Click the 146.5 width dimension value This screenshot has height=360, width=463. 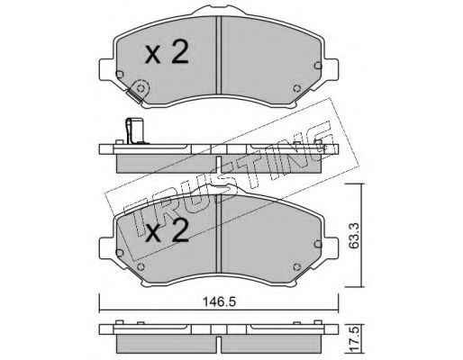pos(220,301)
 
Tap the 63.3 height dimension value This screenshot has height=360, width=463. pos(354,235)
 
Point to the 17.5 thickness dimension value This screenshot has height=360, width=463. pos(355,339)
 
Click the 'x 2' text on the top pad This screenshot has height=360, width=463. pos(167,52)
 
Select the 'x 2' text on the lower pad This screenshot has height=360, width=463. pos(167,230)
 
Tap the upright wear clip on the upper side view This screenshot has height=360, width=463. pos(134,130)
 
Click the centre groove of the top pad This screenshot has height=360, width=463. pos(219,56)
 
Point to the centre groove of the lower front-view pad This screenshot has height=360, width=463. pos(219,233)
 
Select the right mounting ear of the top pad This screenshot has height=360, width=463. pos(331,69)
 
